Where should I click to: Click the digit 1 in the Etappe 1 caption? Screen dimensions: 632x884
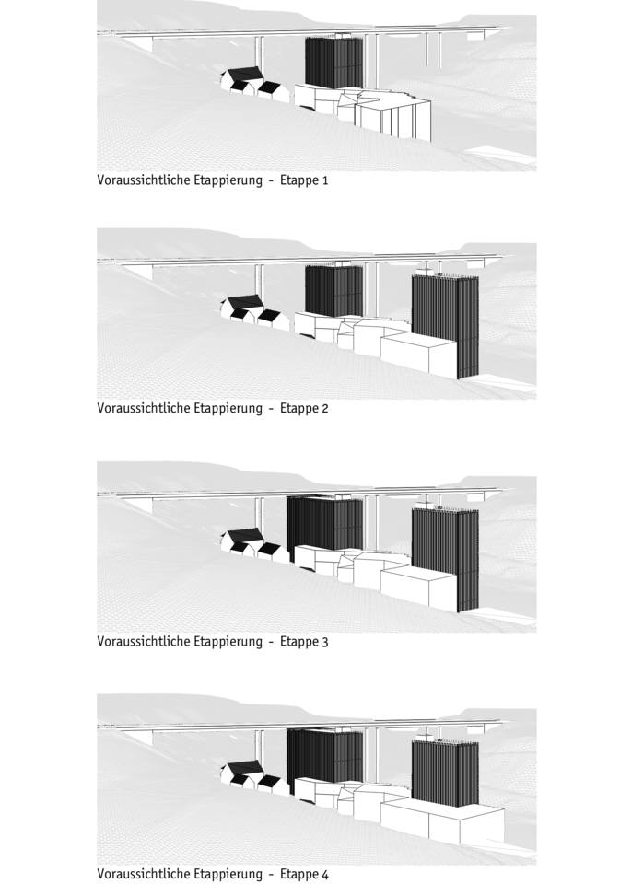point(324,181)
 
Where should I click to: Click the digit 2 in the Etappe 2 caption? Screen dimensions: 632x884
point(324,408)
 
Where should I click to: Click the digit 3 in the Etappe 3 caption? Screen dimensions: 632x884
point(324,642)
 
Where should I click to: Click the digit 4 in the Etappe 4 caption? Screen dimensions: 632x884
point(324,875)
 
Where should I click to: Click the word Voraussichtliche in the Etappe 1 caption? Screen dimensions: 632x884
point(144,180)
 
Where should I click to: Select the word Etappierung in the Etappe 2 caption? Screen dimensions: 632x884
point(228,408)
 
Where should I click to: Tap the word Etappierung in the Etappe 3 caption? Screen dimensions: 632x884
point(228,642)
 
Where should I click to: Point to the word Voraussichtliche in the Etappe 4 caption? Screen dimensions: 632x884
point(144,874)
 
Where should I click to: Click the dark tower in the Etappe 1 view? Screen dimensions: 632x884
point(334,61)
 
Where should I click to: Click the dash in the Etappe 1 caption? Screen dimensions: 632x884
point(272,181)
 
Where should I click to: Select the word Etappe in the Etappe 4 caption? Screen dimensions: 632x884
point(299,875)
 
